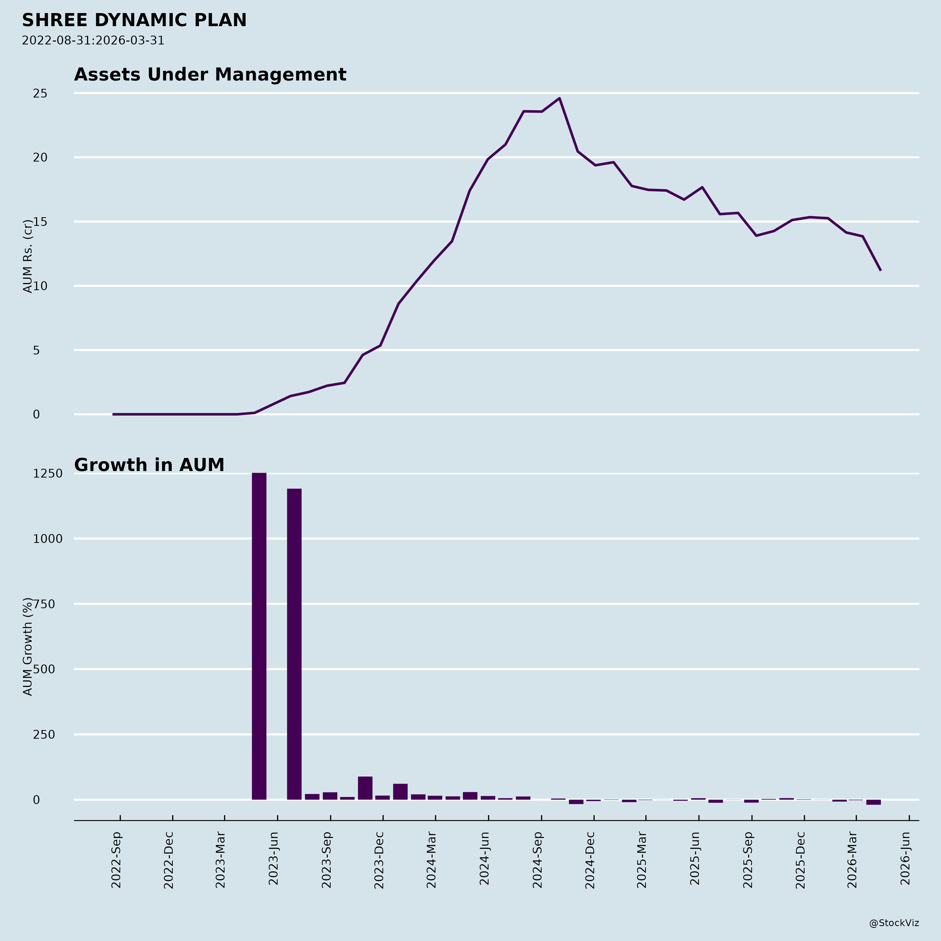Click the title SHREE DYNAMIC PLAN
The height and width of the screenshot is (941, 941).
coord(134,20)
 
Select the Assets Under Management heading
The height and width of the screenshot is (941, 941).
coord(210,75)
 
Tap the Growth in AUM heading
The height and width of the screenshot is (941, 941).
coord(149,465)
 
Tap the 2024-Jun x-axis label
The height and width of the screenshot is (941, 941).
coord(485,860)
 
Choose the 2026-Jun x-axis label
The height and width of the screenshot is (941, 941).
coord(905,860)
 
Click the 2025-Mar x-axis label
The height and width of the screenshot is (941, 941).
coord(642,860)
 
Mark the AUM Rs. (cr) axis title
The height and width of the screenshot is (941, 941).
coord(28,256)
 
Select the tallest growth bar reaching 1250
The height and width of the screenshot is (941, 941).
coord(259,633)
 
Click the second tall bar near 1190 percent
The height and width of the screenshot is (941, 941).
coord(294,643)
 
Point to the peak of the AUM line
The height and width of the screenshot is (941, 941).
coord(560,98)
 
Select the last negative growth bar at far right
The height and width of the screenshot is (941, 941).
coord(873,802)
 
